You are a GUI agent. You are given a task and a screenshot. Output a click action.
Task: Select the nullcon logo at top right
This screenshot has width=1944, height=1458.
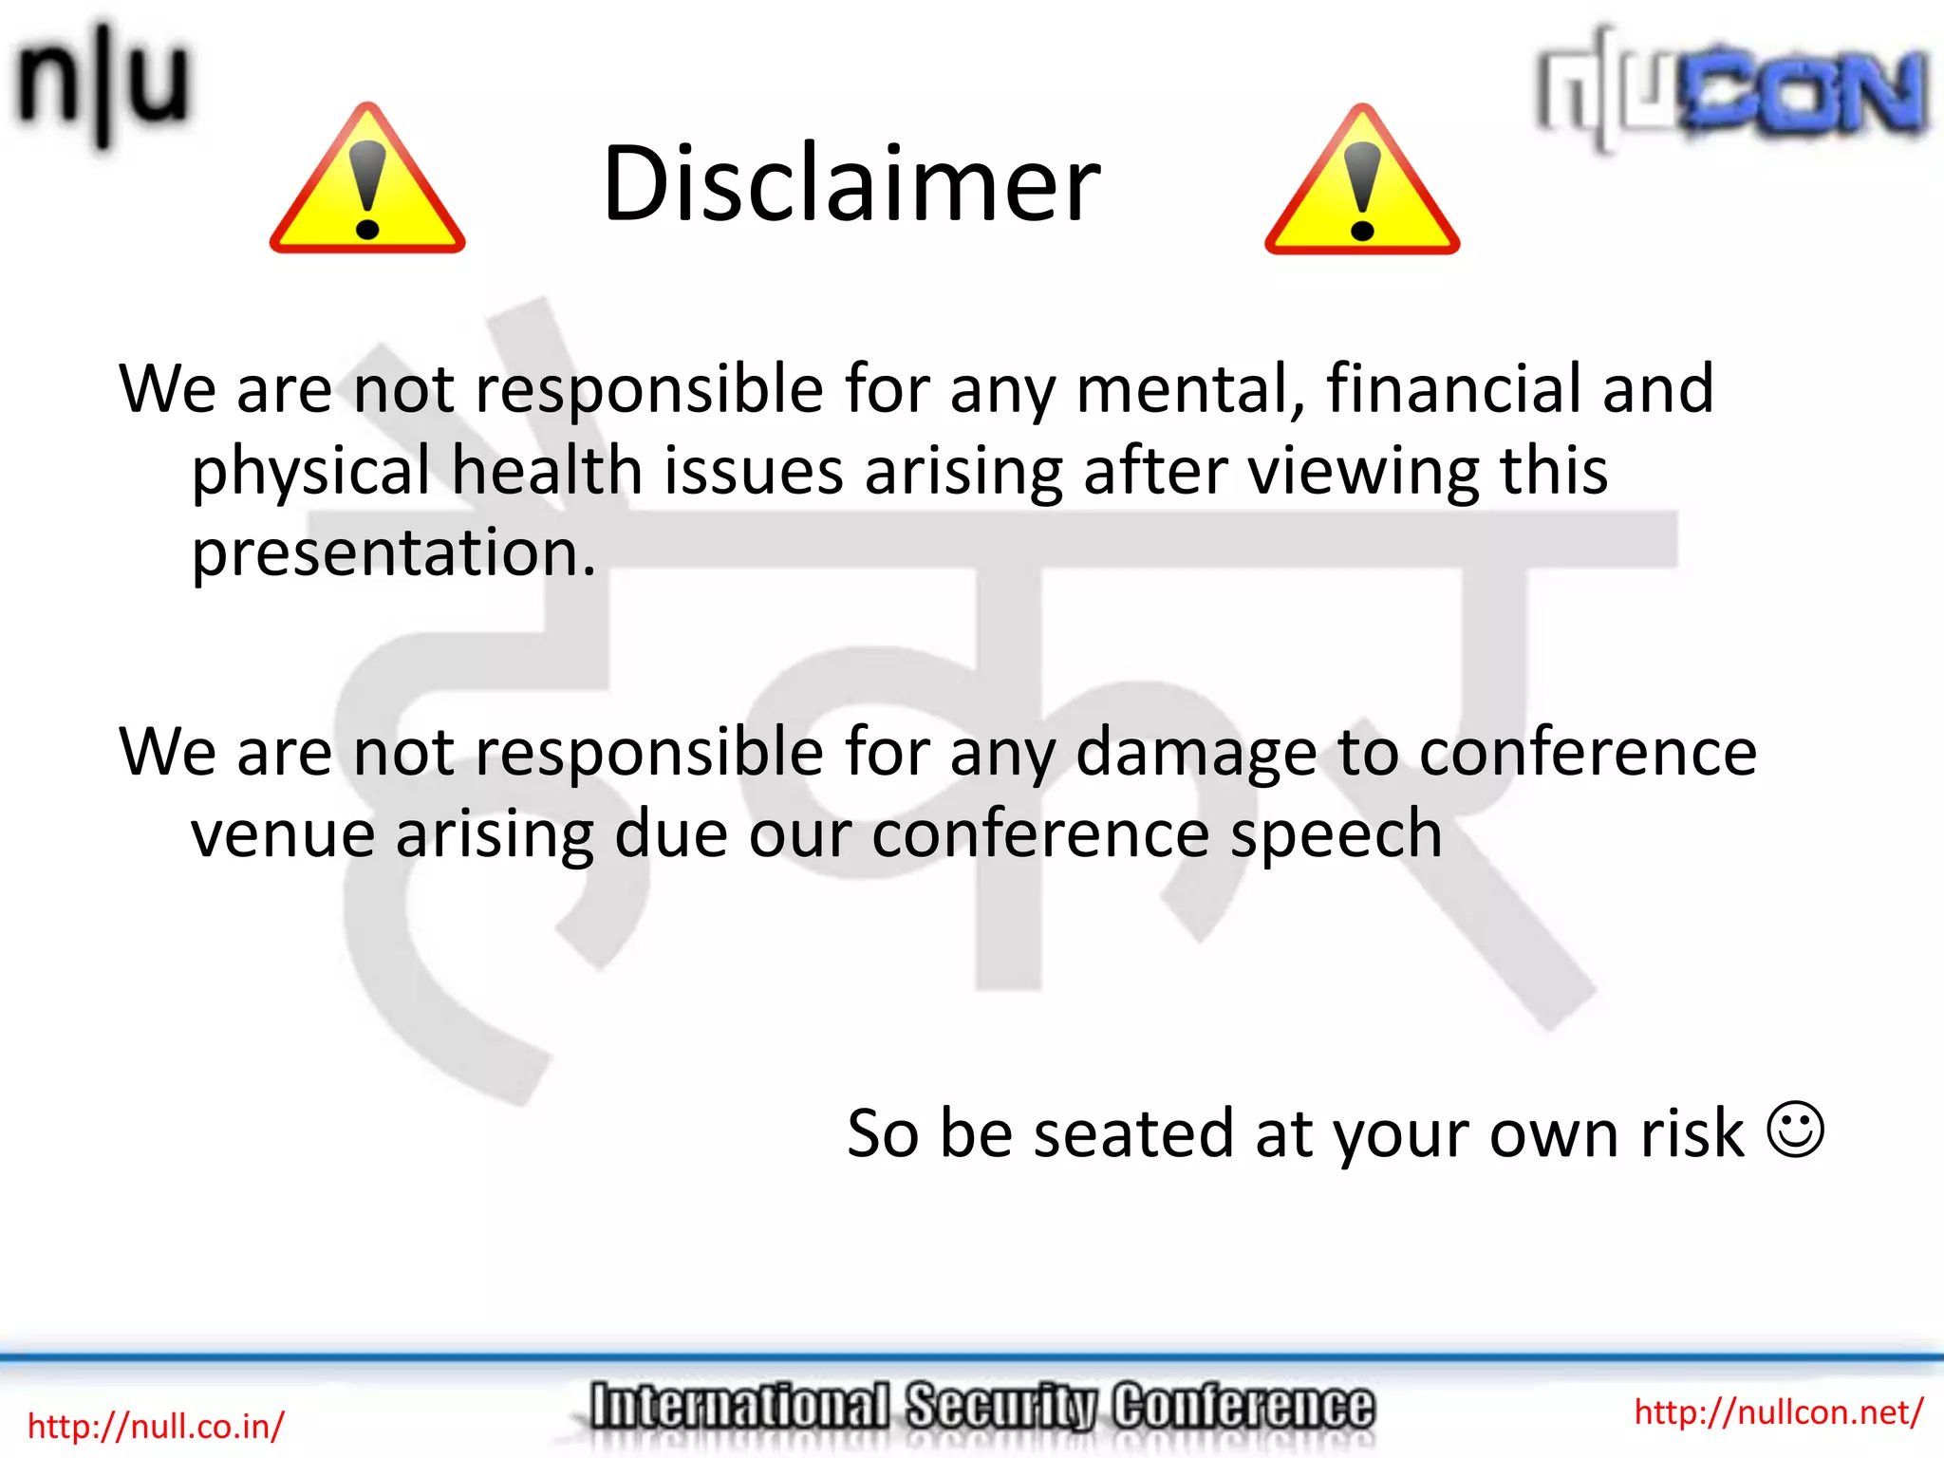pyautogui.click(x=1731, y=90)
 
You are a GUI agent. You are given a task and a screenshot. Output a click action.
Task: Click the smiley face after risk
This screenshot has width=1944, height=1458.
pyautogui.click(x=1795, y=1130)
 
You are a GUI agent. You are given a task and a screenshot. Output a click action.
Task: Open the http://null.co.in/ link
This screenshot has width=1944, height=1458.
pyautogui.click(x=156, y=1426)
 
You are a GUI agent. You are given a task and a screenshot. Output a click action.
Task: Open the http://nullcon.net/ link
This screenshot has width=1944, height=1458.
pyautogui.click(x=1778, y=1411)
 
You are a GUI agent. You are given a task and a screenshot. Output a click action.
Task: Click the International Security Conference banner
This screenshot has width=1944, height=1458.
pyautogui.click(x=981, y=1407)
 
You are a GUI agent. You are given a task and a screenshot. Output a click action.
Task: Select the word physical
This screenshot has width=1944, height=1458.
pyautogui.click(x=310, y=473)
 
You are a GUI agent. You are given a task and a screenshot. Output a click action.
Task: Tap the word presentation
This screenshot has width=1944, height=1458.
pyautogui.click(x=393, y=553)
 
